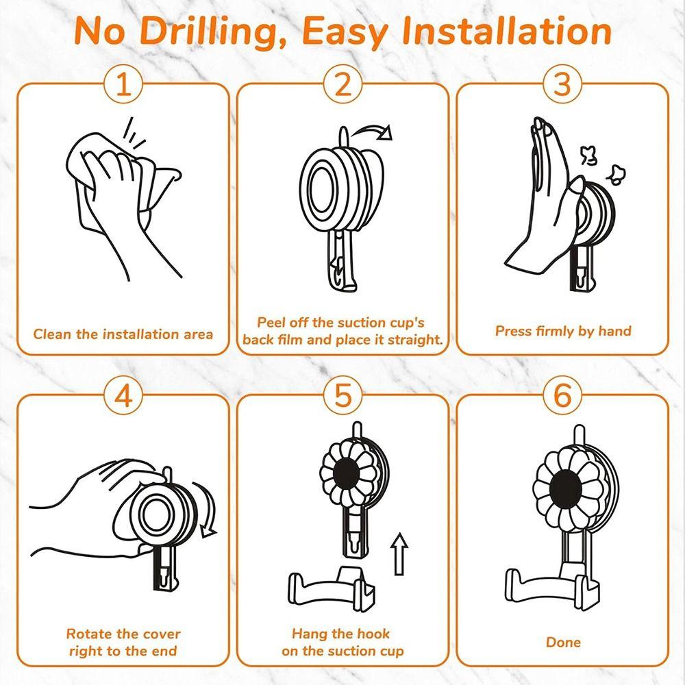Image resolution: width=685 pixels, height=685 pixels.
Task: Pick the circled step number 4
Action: [123, 396]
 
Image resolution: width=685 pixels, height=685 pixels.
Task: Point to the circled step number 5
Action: [343, 396]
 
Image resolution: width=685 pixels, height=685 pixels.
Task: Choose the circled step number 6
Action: [562, 396]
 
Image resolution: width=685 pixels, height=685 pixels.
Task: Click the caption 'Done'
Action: [563, 643]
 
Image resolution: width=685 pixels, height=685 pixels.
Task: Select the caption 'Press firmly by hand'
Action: [563, 331]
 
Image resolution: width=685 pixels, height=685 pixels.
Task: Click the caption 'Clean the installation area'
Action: [123, 335]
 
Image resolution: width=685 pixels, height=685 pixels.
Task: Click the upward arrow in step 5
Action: [399, 554]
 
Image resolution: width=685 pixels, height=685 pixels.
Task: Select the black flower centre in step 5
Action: [346, 473]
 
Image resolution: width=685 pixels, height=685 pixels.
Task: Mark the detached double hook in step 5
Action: [331, 587]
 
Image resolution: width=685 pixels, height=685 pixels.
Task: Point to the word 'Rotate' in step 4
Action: [89, 634]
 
